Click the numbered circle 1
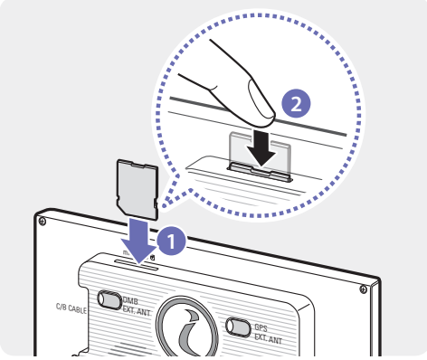[x=172, y=241]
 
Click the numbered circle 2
[x=296, y=104]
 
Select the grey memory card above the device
[x=138, y=189]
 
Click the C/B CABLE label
[x=71, y=308]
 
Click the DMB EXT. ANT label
[x=137, y=307]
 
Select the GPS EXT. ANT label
[x=268, y=333]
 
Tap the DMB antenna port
[x=109, y=299]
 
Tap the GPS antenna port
[x=238, y=327]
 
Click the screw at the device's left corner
[x=43, y=222]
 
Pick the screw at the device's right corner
[x=364, y=289]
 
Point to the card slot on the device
[x=137, y=265]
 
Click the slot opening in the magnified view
[x=260, y=173]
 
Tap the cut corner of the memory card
[x=120, y=205]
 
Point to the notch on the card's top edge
[x=138, y=164]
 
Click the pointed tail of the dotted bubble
[x=166, y=205]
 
